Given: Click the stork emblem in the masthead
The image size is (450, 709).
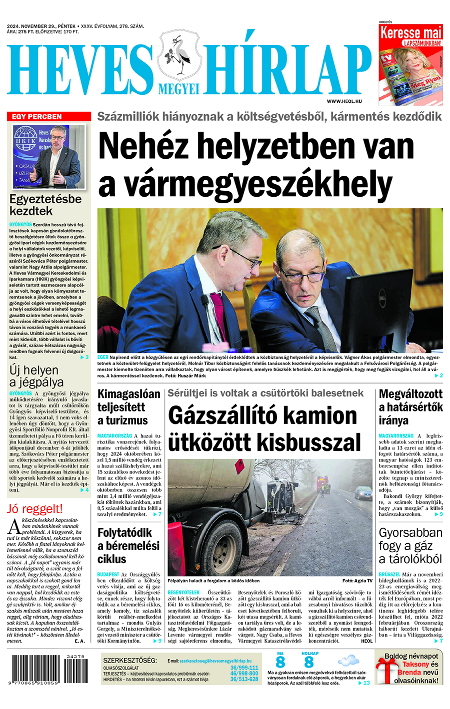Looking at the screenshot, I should (x=179, y=55).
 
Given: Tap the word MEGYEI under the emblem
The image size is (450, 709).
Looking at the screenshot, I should (x=179, y=89).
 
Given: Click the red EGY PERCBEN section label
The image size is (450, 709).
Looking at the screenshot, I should (x=37, y=116).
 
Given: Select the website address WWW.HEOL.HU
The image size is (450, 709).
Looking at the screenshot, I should (x=344, y=101).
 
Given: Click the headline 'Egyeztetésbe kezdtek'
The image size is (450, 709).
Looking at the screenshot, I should (x=45, y=205).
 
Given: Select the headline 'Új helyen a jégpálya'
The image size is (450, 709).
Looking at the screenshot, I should (x=36, y=376).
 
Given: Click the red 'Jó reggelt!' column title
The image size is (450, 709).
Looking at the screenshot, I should (x=35, y=509).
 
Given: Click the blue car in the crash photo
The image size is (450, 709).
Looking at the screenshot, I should (x=363, y=493).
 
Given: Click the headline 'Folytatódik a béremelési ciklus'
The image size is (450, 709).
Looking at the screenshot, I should (x=128, y=546).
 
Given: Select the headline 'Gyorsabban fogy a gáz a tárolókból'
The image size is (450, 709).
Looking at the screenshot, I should (x=410, y=546).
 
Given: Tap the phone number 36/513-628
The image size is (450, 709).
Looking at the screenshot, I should (x=244, y=680).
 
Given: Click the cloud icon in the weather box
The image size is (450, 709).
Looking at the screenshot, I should (x=348, y=662).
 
